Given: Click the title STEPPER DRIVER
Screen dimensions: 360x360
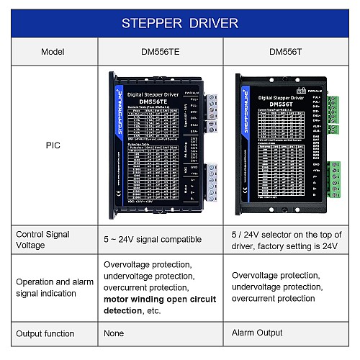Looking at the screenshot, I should [179, 23].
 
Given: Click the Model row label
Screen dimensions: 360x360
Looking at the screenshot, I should [53, 52].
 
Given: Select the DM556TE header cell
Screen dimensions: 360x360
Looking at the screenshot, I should [159, 52].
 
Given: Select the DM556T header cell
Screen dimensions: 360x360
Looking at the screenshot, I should [286, 52].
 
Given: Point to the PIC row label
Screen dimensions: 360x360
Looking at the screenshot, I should [53, 145].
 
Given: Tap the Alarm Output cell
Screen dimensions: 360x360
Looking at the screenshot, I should [256, 333].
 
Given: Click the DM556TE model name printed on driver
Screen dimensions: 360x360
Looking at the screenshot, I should [152, 102].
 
